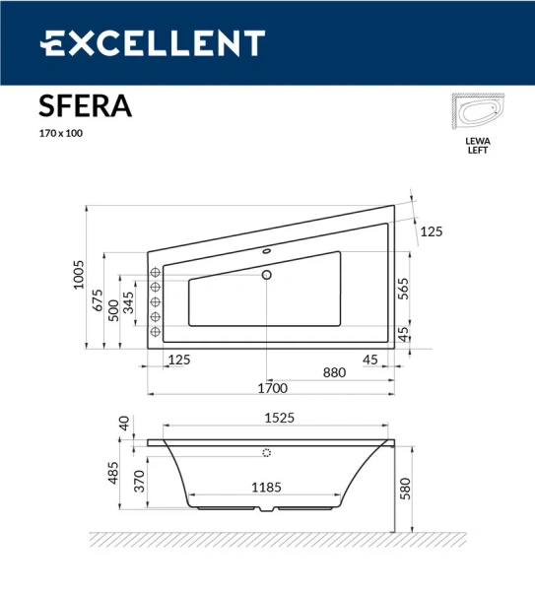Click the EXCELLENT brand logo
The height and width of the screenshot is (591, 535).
[152, 43]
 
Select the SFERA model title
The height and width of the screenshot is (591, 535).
[85, 105]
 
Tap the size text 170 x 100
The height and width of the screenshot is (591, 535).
[61, 133]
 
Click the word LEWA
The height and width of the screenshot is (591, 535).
[477, 142]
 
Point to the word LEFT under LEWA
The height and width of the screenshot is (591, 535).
[477, 151]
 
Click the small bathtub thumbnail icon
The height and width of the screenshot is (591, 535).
[477, 114]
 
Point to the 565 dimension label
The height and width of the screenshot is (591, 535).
[403, 288]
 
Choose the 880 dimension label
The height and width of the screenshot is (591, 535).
[335, 372]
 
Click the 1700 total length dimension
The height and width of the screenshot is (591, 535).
[272, 387]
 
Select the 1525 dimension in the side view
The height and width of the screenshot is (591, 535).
[279, 418]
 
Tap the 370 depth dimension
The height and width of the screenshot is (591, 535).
[141, 481]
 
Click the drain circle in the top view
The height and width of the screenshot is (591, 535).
[266, 276]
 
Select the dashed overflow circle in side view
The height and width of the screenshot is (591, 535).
[266, 454]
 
